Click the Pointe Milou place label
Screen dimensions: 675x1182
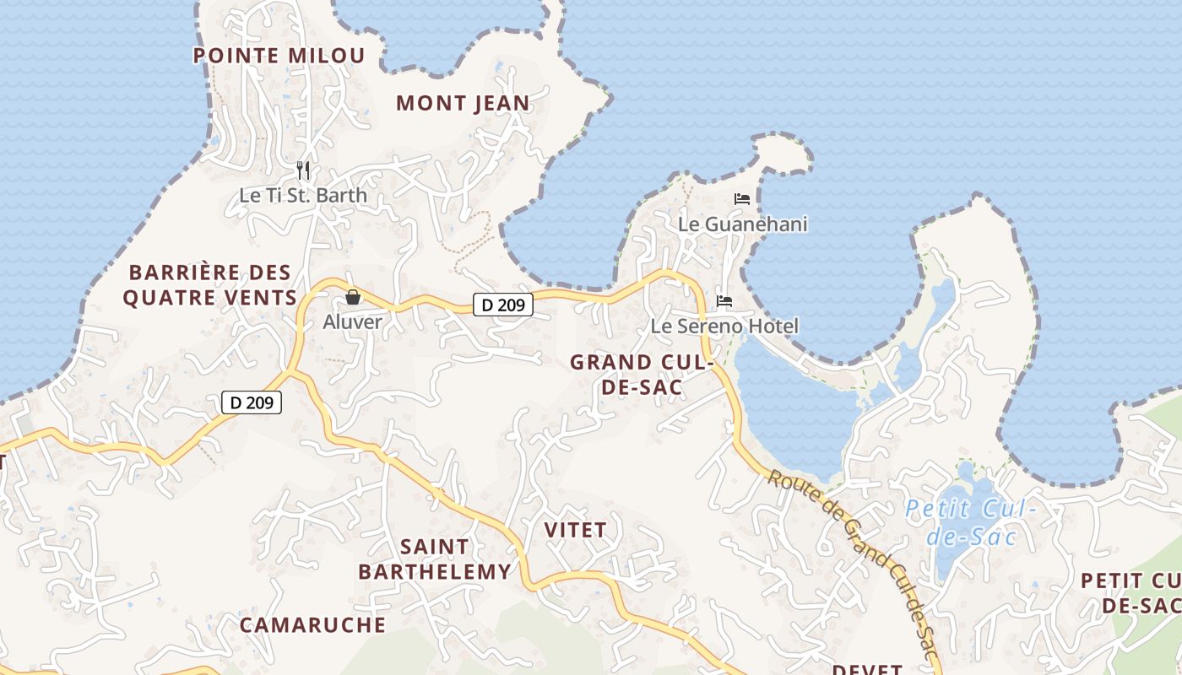click(279, 56)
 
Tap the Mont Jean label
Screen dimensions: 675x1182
click(463, 103)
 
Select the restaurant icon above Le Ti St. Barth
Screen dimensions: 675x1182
click(303, 170)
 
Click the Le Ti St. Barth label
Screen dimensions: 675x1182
click(303, 195)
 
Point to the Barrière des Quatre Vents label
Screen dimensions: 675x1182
click(210, 284)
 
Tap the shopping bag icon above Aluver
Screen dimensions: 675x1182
click(353, 297)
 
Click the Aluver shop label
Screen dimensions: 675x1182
click(353, 321)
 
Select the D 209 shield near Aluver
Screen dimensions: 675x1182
click(502, 305)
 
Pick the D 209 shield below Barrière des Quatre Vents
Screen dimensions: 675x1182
click(251, 402)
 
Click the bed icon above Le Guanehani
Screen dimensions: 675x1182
click(742, 199)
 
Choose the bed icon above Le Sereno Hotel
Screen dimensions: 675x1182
click(724, 300)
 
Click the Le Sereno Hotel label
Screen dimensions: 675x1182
click(724, 326)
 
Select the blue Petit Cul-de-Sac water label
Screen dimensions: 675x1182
click(970, 522)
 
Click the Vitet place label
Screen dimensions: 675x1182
click(575, 530)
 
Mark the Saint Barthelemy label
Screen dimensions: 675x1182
click(435, 559)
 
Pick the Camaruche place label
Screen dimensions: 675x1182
click(312, 624)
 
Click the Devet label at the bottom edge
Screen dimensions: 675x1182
click(867, 668)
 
